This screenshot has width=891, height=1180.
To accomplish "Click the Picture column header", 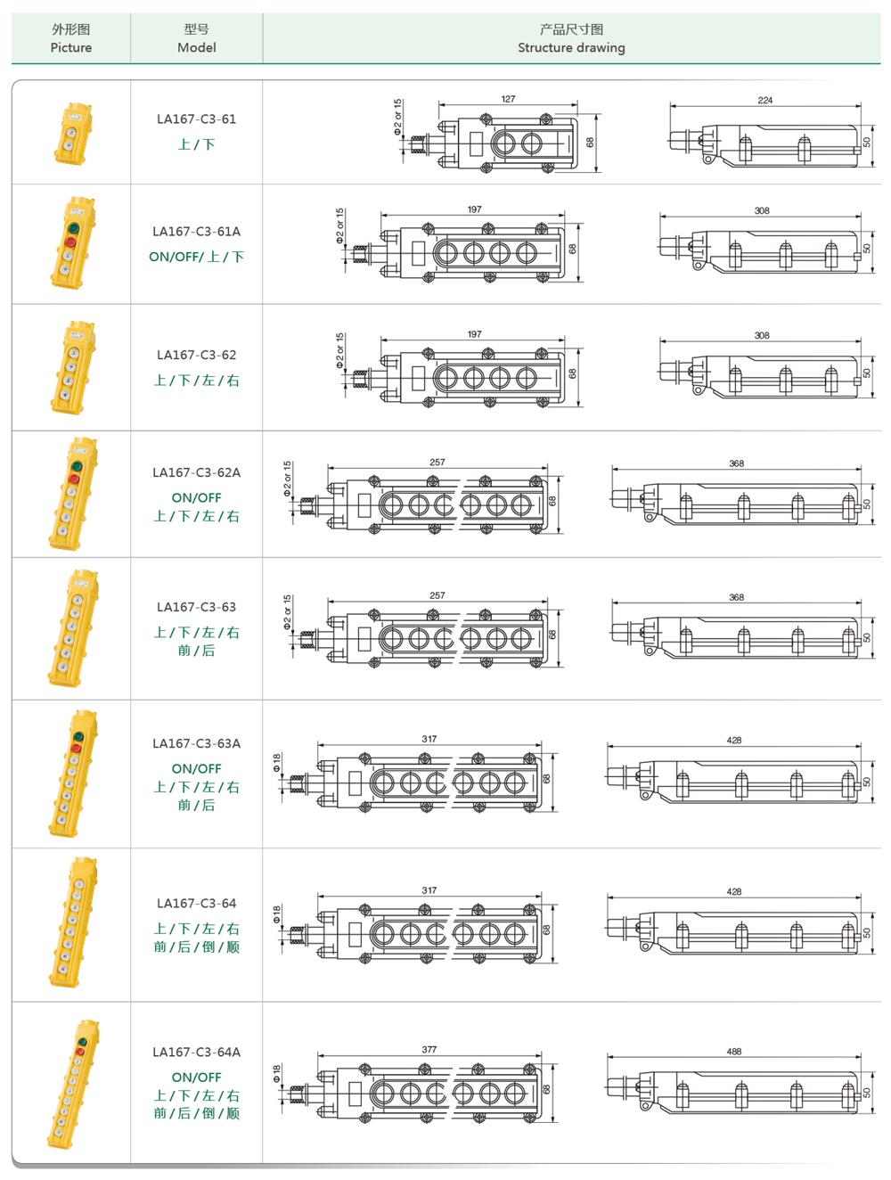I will pyautogui.click(x=71, y=38).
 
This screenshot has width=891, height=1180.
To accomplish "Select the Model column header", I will pyautogui.click(x=196, y=38).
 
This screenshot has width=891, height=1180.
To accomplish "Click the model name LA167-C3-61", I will pyautogui.click(x=196, y=119).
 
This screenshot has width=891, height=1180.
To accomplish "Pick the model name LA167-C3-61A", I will pyautogui.click(x=196, y=231).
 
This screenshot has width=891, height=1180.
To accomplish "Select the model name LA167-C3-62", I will pyautogui.click(x=196, y=355).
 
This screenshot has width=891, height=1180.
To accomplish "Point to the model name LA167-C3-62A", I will pyautogui.click(x=196, y=472).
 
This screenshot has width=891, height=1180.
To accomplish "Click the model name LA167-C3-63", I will pyautogui.click(x=196, y=607).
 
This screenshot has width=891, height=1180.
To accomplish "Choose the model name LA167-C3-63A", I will pyautogui.click(x=196, y=743).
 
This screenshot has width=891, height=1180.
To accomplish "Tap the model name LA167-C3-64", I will pyautogui.click(x=196, y=903).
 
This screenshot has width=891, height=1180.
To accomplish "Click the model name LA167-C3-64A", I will pyautogui.click(x=196, y=1052).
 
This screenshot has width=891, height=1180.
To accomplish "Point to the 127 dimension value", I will pyautogui.click(x=508, y=99).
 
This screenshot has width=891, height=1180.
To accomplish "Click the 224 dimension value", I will pyautogui.click(x=764, y=100).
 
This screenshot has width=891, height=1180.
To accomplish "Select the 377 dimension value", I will pyautogui.click(x=429, y=1049).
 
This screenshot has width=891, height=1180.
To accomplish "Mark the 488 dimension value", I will pyautogui.click(x=733, y=1051).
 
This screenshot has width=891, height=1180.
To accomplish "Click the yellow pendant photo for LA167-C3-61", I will pyautogui.click(x=72, y=133).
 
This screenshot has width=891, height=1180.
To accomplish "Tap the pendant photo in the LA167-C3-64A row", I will pyautogui.click(x=71, y=1083).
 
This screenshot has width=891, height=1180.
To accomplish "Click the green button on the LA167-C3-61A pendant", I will pyautogui.click(x=73, y=228).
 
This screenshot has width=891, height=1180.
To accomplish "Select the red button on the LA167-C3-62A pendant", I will pyautogui.click(x=74, y=479).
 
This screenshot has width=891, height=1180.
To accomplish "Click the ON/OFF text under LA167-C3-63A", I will pyautogui.click(x=196, y=768).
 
